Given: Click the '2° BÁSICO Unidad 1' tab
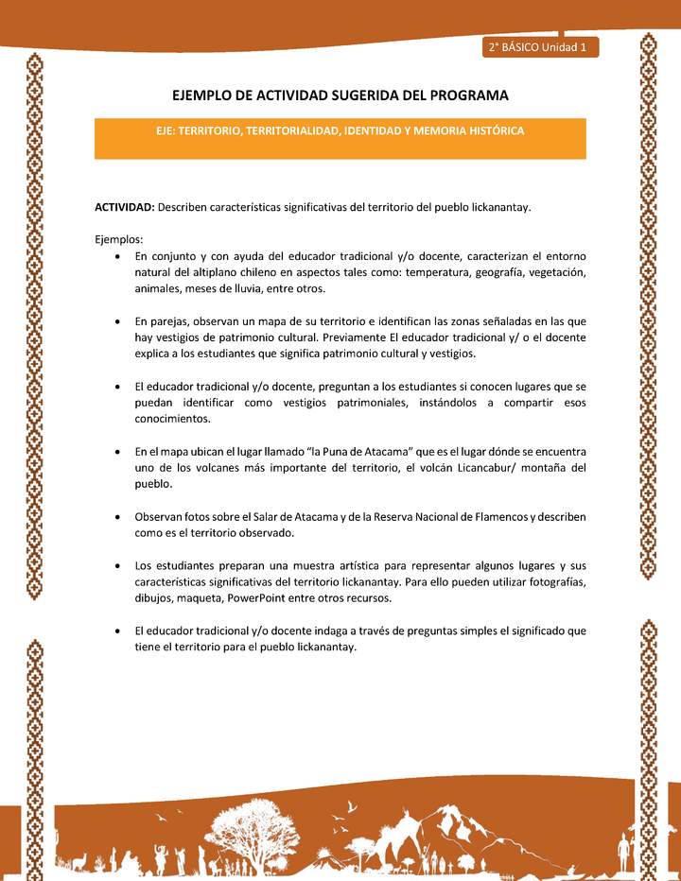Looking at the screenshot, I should pyautogui.click(x=539, y=46).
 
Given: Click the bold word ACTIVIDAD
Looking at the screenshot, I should pyautogui.click(x=125, y=207).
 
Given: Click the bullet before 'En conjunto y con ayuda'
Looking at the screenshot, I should pyautogui.click(x=115, y=256).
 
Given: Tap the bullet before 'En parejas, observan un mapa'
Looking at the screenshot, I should pyautogui.click(x=115, y=321).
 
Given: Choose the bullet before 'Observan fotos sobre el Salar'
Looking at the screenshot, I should pyautogui.click(x=115, y=517).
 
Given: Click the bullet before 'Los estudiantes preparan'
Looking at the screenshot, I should pyautogui.click(x=115, y=566).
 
